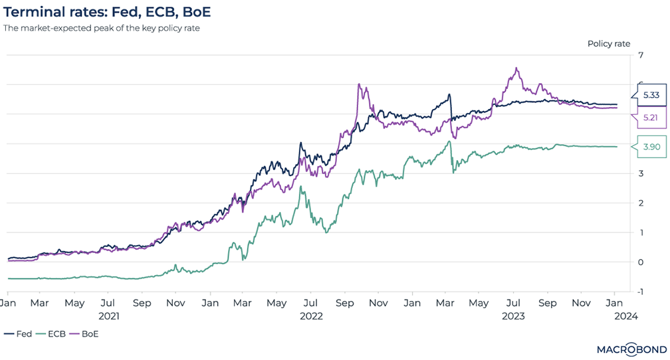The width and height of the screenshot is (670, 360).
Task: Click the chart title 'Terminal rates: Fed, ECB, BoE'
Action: pos(110,12)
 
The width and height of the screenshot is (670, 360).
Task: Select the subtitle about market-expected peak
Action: pos(101,28)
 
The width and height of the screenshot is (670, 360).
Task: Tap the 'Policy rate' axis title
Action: pos(608,44)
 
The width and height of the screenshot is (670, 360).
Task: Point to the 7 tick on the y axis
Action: pos(640,55)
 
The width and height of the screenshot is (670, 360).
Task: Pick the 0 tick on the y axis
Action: pos(640,262)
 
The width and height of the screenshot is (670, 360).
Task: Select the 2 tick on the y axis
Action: pos(640,203)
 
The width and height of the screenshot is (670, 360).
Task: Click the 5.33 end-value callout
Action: pos(651,96)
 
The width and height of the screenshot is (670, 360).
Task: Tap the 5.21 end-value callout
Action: pos(651,118)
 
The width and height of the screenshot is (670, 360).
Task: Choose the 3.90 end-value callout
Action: pos(651,147)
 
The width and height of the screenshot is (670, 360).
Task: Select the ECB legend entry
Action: pos(51,334)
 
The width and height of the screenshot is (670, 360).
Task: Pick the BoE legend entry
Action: pos(85,334)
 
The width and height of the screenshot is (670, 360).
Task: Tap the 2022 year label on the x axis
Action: pos(311,316)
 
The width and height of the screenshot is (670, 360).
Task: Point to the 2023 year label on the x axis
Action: pos(514,316)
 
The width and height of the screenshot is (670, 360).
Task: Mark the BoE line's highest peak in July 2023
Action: pos(516,68)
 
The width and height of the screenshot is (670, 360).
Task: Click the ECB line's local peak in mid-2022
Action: pos(302,187)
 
